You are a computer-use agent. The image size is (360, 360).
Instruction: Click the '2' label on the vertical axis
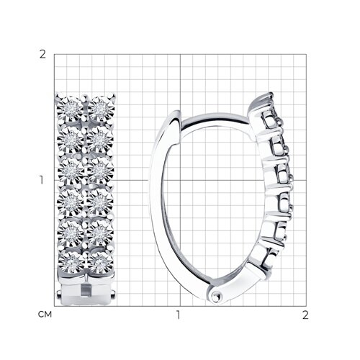[x=42, y=55]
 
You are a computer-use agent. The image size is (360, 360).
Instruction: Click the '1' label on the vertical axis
[x=42, y=180]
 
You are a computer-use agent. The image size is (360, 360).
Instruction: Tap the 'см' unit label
[x=45, y=314]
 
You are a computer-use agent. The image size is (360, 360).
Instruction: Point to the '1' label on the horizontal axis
[x=178, y=315]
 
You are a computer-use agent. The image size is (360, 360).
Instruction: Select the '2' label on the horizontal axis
[x=305, y=315]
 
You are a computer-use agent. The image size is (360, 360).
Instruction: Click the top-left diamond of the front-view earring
[x=71, y=109]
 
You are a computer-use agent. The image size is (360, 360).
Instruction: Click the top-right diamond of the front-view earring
[x=101, y=109]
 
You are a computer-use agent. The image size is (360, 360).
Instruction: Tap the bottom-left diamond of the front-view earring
[x=71, y=264]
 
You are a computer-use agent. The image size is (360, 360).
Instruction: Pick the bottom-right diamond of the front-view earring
[x=101, y=264]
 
